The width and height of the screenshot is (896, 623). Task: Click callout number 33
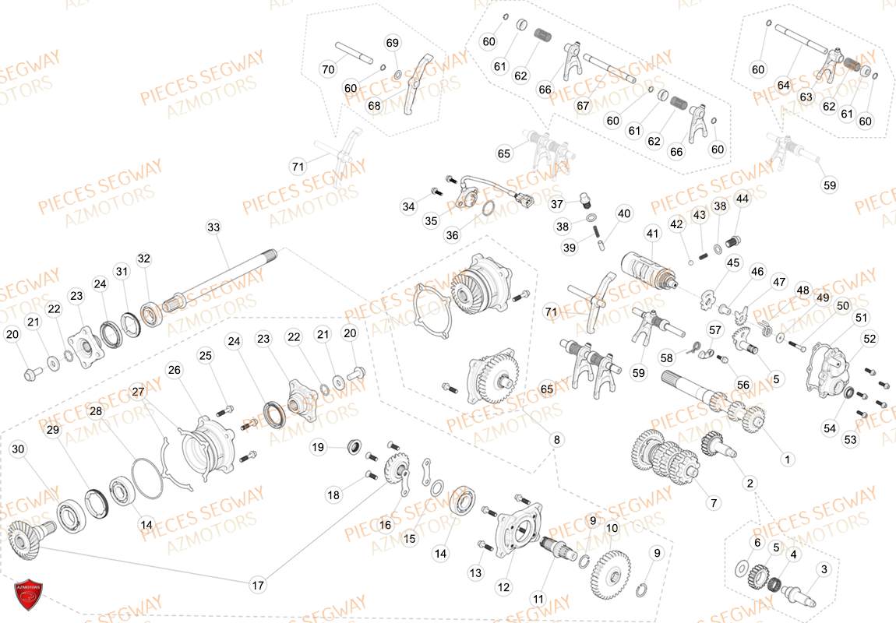tap(213, 227)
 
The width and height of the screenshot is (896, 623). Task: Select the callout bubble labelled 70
tap(327, 69)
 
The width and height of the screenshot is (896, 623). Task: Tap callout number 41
tap(652, 233)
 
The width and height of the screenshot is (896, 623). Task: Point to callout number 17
tap(258, 585)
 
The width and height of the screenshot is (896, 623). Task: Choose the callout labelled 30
tap(19, 449)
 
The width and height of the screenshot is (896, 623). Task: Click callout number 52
tap(870, 339)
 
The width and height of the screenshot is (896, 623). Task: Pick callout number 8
tap(556, 440)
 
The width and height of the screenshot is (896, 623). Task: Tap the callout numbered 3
tap(825, 569)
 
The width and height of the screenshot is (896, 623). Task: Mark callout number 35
tap(431, 221)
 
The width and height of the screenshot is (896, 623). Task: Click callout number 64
tap(783, 84)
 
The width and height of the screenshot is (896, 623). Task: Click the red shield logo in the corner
tap(28, 595)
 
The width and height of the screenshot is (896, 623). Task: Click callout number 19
tap(318, 447)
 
